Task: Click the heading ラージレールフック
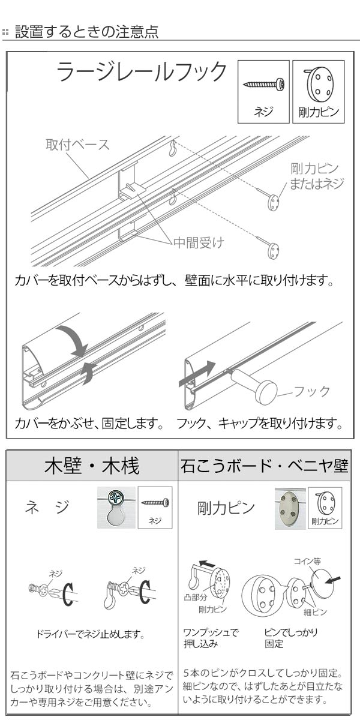[x=142, y=73]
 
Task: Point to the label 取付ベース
[x=78, y=145]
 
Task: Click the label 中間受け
[x=199, y=243]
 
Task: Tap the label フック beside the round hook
[x=313, y=391]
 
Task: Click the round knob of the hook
[x=265, y=391]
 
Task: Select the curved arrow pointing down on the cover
[x=72, y=340]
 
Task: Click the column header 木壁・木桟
[x=92, y=466]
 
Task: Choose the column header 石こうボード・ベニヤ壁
[x=264, y=466]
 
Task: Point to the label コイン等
[x=307, y=561]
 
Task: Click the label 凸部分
[x=194, y=598]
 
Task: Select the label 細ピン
[x=315, y=612]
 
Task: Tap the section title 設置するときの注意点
[x=86, y=32]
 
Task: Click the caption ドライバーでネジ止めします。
[x=91, y=634]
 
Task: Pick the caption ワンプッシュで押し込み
[x=210, y=638]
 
